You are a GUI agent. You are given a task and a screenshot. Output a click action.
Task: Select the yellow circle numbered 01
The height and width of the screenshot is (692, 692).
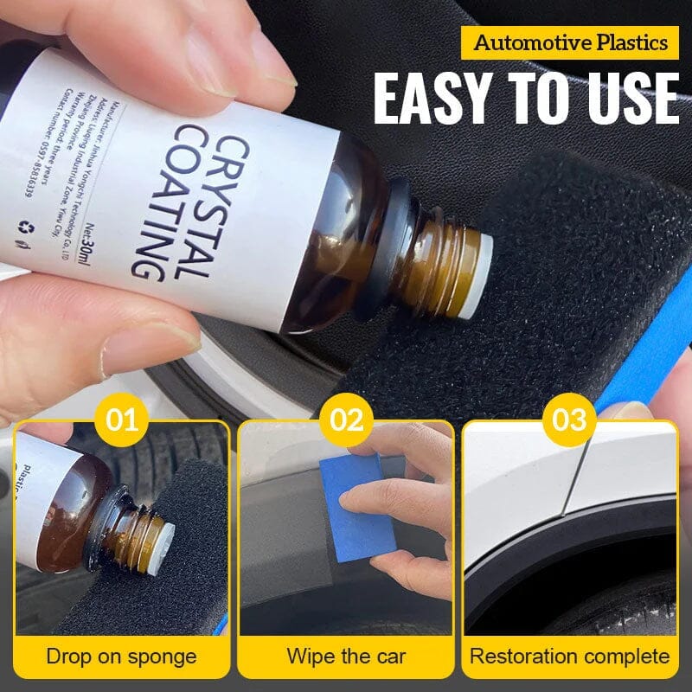coord(122,421)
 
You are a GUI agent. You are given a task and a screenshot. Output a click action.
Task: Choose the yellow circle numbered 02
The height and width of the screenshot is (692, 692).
coord(346,421)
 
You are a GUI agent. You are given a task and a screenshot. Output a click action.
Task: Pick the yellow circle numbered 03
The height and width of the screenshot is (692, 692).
coord(570,421)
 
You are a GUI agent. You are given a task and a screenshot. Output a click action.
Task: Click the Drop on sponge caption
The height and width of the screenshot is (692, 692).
coord(122,656)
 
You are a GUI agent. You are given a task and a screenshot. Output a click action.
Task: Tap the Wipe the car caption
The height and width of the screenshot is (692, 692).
coord(346,656)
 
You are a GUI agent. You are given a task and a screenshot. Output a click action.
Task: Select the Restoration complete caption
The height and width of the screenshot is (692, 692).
coord(570,656)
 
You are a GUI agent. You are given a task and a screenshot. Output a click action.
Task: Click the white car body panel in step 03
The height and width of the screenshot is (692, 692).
coord(519,484)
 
